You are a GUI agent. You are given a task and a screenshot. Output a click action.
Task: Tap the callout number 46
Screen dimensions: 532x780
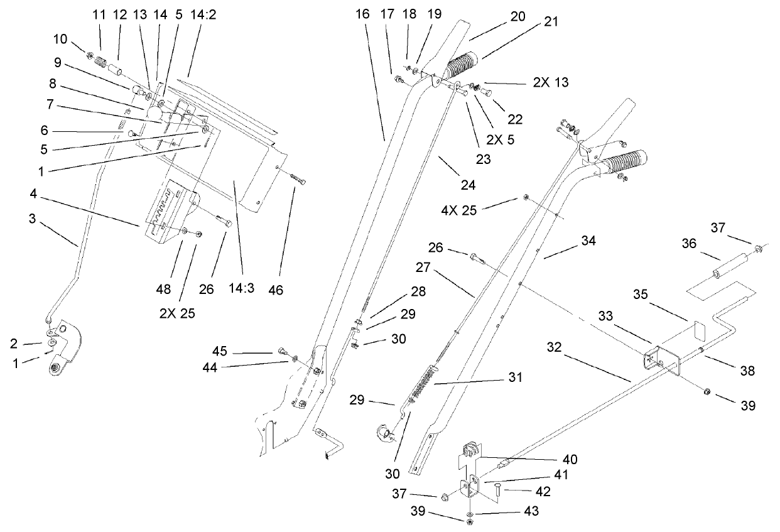(x=276, y=290)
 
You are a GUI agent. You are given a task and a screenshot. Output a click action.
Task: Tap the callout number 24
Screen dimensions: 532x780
(x=468, y=185)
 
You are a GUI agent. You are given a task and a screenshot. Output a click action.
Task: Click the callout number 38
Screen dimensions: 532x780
(x=746, y=371)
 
